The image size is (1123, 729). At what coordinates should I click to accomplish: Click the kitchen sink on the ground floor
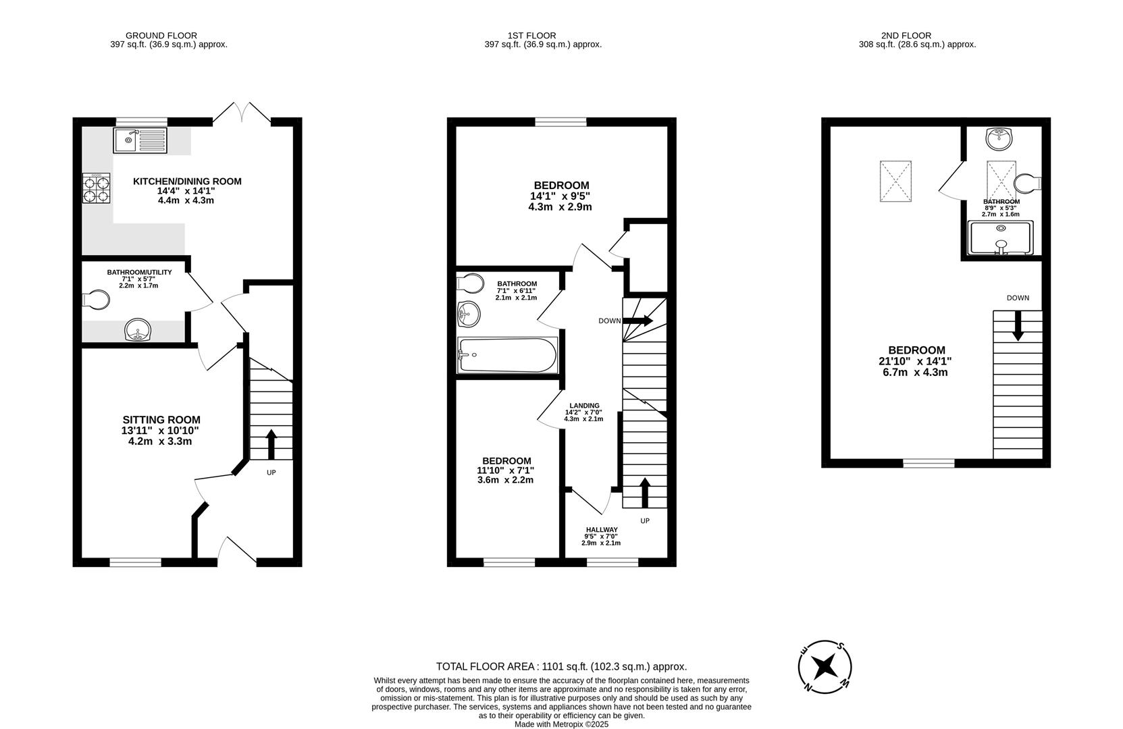point(140,140)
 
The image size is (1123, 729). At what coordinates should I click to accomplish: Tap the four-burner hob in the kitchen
point(96,189)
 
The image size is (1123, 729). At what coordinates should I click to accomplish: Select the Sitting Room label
point(161,420)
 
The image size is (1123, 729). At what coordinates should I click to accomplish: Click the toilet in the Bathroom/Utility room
point(97,300)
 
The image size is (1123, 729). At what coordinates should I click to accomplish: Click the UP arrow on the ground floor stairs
point(271,443)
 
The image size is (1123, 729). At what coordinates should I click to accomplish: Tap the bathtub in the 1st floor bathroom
point(507,355)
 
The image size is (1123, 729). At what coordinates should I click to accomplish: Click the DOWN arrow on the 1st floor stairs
point(639,321)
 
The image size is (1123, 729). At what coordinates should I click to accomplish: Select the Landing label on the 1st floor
point(584,406)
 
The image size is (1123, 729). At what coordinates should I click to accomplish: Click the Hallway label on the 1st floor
point(601,530)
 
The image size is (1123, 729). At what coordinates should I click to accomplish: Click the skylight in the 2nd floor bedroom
point(895,181)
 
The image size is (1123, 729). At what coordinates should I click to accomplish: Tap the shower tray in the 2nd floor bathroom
point(1001,239)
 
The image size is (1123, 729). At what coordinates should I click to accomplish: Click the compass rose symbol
point(824,666)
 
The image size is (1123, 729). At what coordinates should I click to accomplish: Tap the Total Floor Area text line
point(561,666)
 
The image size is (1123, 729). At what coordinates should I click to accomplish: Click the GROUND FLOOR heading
point(161,36)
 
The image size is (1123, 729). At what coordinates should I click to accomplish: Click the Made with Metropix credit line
point(561,724)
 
